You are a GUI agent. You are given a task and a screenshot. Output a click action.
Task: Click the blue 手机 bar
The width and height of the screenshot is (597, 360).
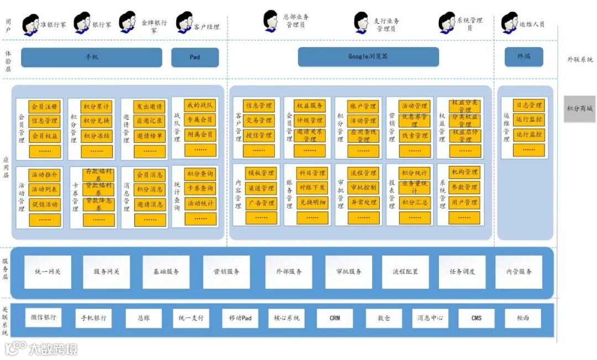[x=91, y=58]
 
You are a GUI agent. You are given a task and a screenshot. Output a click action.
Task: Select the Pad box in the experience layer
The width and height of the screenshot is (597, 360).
[x=195, y=58]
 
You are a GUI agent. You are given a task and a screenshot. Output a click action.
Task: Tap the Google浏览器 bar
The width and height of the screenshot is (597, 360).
[x=368, y=57]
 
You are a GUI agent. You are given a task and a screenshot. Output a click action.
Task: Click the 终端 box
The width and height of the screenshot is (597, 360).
[x=523, y=57]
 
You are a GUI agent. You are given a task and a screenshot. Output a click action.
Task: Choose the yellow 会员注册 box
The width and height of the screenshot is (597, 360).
[x=44, y=106]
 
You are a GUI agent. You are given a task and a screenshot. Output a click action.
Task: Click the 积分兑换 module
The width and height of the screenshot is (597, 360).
[x=97, y=121]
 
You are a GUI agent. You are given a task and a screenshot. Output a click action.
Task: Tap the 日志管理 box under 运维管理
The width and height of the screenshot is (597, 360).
[x=528, y=105]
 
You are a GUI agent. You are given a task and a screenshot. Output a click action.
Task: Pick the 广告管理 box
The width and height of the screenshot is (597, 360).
[x=260, y=203]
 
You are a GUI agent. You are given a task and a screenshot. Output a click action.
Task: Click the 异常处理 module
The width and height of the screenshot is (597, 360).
[x=363, y=202]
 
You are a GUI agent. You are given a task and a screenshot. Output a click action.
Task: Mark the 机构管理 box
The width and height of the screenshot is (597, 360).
[x=464, y=173]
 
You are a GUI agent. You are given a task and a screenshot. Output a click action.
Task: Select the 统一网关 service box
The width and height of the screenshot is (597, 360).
[x=48, y=272]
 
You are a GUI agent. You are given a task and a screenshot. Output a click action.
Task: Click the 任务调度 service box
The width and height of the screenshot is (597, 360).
[x=462, y=272]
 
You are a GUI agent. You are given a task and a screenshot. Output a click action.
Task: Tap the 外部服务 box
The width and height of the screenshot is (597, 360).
[x=288, y=272]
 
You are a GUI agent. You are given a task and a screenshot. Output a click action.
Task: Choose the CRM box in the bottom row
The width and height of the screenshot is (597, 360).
[x=334, y=319]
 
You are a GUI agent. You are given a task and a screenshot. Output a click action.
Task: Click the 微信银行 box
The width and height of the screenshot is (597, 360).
[x=43, y=318]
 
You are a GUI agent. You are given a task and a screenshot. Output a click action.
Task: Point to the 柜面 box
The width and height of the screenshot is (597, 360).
[x=522, y=319]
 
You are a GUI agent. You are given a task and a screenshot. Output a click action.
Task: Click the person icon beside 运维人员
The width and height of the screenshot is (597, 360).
[x=509, y=23]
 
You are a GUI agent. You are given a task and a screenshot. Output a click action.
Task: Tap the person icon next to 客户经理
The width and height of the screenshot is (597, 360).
[x=184, y=23]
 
